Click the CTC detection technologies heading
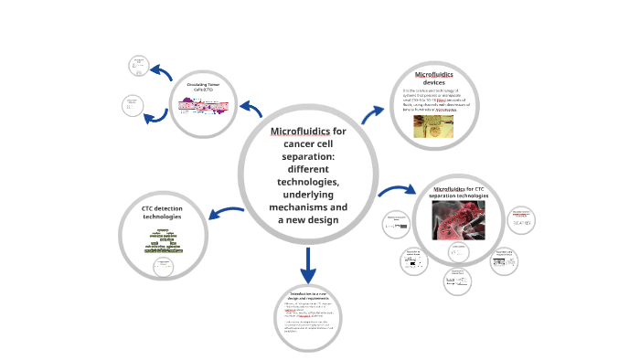162,213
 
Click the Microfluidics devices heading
433,78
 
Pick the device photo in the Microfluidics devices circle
432,125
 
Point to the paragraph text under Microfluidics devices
433,100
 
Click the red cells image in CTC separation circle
458,219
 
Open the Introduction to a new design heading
308,296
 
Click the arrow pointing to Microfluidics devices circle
373,113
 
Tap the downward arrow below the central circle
308,266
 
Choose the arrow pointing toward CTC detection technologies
224,214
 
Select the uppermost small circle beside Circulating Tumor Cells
139,65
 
